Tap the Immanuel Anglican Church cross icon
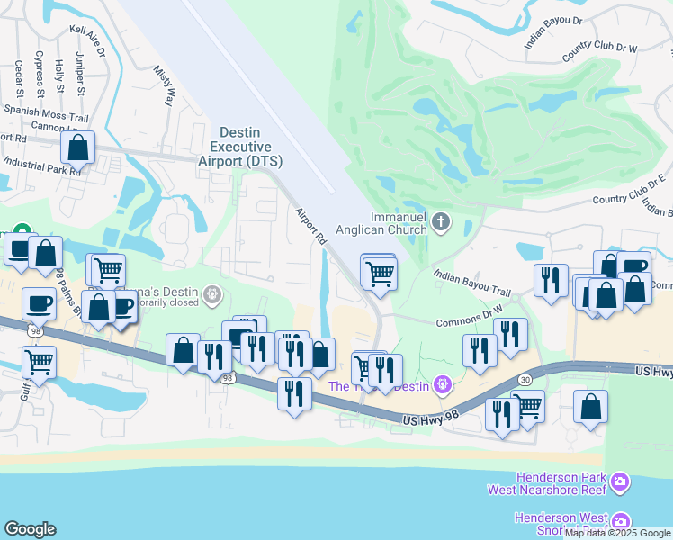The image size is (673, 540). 441,222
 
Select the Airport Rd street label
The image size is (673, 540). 310,226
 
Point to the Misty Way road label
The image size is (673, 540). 163,85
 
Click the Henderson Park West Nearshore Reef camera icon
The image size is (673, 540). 619,483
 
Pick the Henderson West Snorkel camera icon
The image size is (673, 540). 620,522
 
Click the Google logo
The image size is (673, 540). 31,528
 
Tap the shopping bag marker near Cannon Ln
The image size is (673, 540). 79,148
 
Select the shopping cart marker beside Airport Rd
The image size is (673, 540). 380,273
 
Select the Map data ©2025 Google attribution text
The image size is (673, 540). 618,533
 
